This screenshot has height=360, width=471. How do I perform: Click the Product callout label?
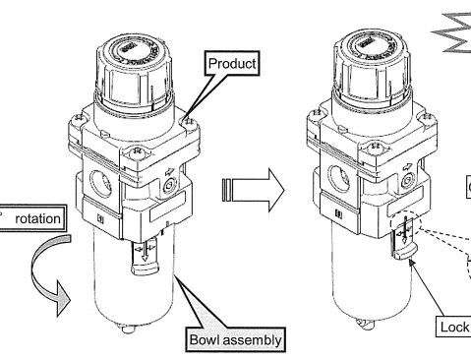point(232,63)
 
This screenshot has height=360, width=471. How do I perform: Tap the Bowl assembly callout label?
point(235,339)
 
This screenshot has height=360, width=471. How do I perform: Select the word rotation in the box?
point(37,218)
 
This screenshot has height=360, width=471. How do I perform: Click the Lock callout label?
point(454,327)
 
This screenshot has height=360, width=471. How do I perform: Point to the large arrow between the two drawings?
point(253,190)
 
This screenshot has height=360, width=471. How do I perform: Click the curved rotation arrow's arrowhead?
point(63,298)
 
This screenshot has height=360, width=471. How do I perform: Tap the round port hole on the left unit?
point(100,184)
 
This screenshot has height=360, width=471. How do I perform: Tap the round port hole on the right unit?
point(339,179)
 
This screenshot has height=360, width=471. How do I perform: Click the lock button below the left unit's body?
point(145,258)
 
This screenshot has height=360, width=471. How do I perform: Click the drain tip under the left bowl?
point(128,329)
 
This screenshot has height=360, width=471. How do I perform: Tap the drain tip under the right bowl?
point(366,324)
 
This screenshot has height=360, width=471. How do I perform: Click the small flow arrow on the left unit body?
point(170,171)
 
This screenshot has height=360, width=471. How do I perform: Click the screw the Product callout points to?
point(189,122)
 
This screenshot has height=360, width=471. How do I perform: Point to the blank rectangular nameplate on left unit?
point(167,206)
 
